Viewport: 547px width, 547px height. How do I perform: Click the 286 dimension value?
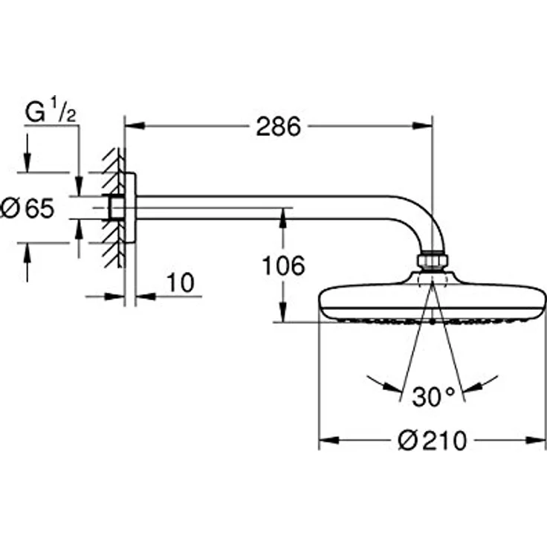[278, 126]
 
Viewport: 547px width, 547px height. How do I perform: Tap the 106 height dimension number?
[283, 266]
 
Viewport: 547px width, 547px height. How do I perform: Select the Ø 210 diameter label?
[432, 440]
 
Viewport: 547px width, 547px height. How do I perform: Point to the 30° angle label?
[433, 397]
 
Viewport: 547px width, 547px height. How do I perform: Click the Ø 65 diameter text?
[27, 208]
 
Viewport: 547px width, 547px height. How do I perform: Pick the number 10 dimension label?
[181, 282]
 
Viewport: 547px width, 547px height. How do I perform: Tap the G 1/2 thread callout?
[51, 110]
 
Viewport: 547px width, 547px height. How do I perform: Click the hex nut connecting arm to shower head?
[433, 261]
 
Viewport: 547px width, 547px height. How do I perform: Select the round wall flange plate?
[130, 208]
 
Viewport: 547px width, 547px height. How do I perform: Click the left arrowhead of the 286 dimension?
[135, 126]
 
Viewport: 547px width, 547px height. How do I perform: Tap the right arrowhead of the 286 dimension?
[422, 126]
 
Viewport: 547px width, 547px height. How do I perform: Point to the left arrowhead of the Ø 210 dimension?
[328, 440]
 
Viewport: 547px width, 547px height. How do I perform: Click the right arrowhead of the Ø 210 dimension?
[536, 440]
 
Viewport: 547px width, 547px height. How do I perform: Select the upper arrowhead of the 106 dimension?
[283, 218]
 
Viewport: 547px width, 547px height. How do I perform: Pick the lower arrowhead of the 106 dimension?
[283, 312]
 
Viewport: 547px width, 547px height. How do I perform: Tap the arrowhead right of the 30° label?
[473, 387]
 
